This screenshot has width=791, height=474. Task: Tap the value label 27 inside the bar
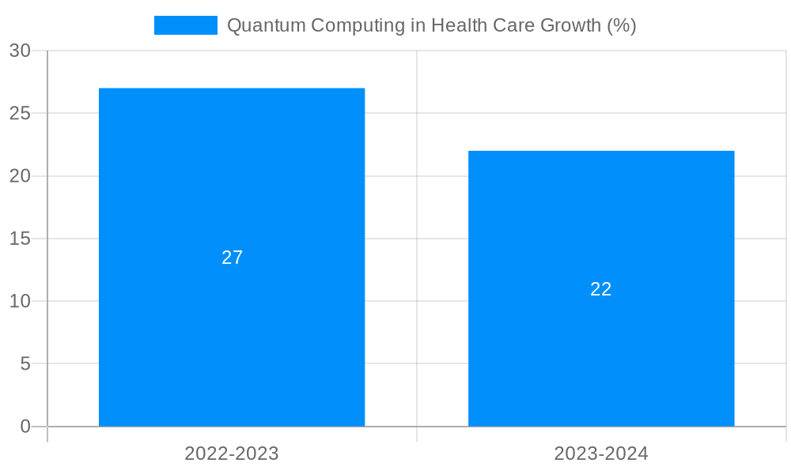232,258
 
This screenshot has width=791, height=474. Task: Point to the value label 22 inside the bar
601,289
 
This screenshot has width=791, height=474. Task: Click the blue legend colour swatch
186,25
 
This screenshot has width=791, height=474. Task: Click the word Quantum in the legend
266,25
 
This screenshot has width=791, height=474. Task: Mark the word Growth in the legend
570,25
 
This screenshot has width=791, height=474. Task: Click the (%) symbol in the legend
622,25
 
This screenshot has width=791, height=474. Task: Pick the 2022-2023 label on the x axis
232,453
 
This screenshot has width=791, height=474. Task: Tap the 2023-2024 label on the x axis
601,453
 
